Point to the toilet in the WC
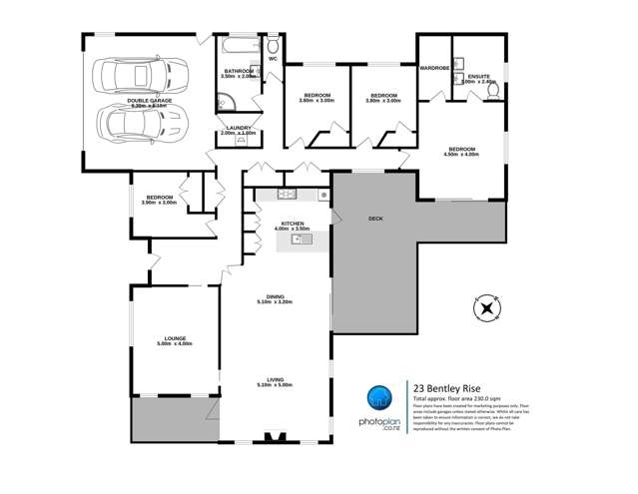coord(272,45)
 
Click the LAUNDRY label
coord(239,128)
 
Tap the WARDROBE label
coord(434,70)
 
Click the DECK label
coord(375,218)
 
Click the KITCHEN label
coord(292,224)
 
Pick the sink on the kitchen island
coord(296,239)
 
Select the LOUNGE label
coord(171,339)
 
